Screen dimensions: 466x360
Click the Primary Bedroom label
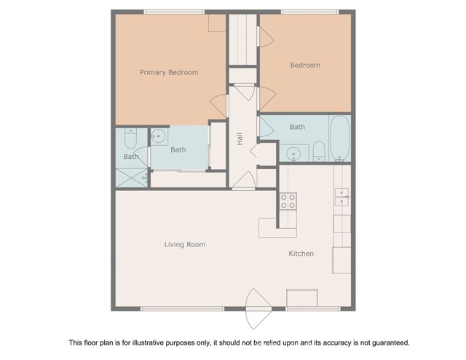tap(169, 73)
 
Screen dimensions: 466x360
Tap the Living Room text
tap(185, 245)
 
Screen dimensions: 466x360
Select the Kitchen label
tap(301, 254)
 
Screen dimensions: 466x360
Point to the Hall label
tap(240, 138)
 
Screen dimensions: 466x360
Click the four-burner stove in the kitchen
tap(288, 201)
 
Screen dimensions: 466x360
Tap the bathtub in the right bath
tap(340, 138)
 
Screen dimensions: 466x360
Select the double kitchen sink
tap(341, 197)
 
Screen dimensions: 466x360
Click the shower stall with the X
tap(131, 178)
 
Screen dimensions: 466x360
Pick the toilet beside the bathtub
tap(319, 151)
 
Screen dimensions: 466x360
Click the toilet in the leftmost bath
tap(130, 138)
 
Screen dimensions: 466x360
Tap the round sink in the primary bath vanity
tap(159, 136)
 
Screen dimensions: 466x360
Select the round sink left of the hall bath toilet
tap(293, 154)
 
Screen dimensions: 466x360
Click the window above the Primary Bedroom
tap(174, 12)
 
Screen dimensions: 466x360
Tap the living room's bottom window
tap(182, 309)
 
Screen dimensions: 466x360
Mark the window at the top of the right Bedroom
tap(310, 12)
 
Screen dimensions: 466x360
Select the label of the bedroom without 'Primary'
tap(305, 65)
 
